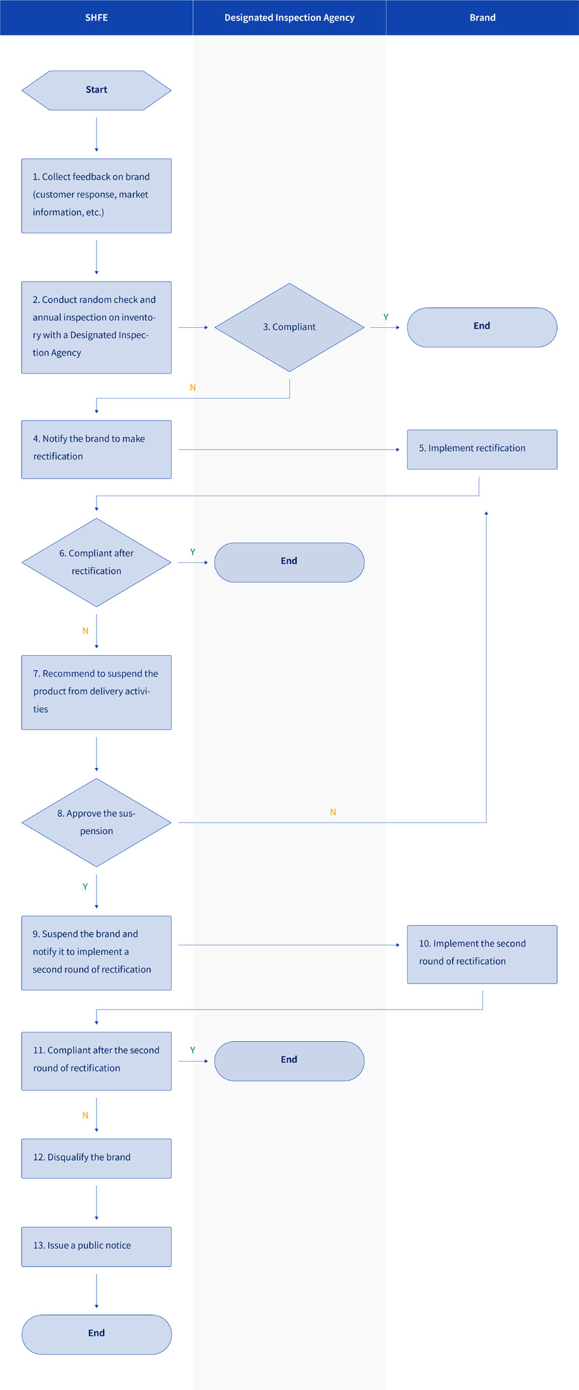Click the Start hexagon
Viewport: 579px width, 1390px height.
97,90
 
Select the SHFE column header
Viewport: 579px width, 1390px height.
97,18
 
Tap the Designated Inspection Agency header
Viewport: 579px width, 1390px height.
289,18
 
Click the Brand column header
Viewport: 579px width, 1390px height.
482,18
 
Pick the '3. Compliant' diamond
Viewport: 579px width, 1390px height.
289,327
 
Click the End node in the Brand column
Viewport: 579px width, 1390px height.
482,327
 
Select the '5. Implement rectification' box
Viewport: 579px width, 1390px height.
482,449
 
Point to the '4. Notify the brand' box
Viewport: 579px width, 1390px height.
97,449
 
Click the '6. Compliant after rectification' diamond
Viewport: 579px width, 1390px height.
97,562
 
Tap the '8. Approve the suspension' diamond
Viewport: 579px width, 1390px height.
97,823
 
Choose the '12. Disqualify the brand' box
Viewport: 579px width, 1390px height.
97,1158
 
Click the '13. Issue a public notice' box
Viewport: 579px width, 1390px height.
97,1246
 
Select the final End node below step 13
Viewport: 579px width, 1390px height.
97,1334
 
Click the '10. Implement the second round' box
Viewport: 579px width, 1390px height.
482,954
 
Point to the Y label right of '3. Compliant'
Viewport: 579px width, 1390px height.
386,317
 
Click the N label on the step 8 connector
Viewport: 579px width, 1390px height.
333,813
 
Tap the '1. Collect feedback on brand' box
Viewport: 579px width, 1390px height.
97,196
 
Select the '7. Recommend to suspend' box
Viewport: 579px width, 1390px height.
97,692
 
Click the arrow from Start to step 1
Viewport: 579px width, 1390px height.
97,134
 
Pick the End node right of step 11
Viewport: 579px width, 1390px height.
289,1061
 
